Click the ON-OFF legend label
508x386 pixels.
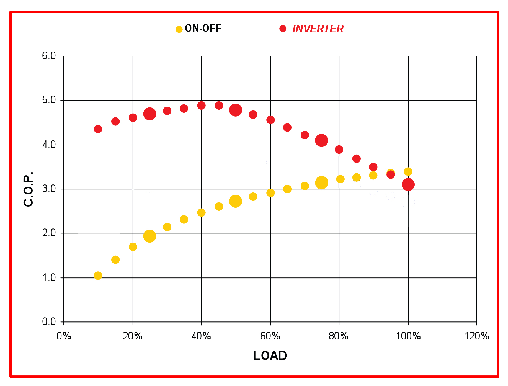[203, 28]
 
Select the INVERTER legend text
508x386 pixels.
[318, 29]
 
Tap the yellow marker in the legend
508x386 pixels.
[179, 29]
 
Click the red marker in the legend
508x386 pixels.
[283, 29]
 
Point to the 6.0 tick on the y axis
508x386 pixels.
[49, 56]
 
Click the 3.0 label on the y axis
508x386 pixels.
[49, 189]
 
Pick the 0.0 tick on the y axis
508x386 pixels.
[49, 322]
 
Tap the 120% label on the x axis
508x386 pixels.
[476, 336]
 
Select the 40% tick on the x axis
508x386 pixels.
[201, 336]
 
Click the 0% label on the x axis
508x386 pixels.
[64, 336]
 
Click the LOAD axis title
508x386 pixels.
[270, 356]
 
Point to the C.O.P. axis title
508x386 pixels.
[29, 189]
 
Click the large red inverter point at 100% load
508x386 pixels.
[408, 184]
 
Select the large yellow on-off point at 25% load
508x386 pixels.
[149, 236]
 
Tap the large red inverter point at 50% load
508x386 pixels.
[236, 110]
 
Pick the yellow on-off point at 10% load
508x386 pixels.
[98, 276]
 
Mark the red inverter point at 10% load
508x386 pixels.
[98, 129]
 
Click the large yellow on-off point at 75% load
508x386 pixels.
[321, 183]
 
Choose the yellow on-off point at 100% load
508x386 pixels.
[408, 172]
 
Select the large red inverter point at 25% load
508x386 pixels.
[149, 114]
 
